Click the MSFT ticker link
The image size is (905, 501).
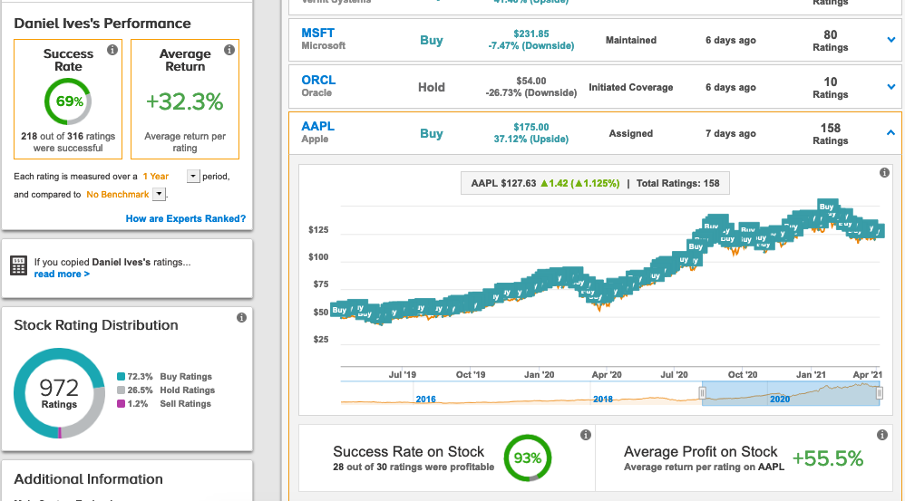point(317,34)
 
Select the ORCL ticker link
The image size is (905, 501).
point(318,80)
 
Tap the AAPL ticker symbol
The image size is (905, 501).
point(318,127)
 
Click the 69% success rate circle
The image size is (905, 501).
point(68,101)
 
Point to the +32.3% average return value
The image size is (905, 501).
point(185,101)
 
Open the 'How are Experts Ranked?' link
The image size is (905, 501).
point(185,218)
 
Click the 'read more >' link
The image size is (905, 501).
point(62,274)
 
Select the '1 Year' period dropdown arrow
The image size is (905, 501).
point(192,176)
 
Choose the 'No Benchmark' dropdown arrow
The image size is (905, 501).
point(159,194)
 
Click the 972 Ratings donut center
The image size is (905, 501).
point(60,392)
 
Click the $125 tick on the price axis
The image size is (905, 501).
point(318,230)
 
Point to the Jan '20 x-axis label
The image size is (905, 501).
point(540,374)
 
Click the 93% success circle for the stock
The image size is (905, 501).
point(528,458)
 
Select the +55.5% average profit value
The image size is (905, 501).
point(827,458)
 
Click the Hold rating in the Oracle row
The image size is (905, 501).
point(432,87)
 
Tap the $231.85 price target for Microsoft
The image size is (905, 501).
point(530,34)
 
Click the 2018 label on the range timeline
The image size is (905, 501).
point(603,399)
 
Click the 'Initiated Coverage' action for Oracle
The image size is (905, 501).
point(631,87)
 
